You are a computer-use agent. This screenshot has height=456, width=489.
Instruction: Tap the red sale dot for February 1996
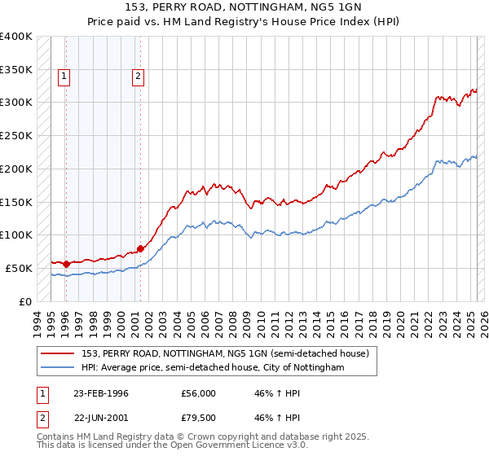(66, 264)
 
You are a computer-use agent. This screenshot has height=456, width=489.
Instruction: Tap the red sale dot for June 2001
(140, 248)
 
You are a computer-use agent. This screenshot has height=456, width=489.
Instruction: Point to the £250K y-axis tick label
(16, 135)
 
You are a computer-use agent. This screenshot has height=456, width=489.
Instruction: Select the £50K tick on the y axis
(20, 268)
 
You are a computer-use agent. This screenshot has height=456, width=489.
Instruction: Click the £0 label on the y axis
(25, 301)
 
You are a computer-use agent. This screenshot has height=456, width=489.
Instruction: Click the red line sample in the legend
(59, 353)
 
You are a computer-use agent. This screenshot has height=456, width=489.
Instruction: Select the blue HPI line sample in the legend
(59, 368)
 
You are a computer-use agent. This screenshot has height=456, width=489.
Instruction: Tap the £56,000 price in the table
(199, 393)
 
